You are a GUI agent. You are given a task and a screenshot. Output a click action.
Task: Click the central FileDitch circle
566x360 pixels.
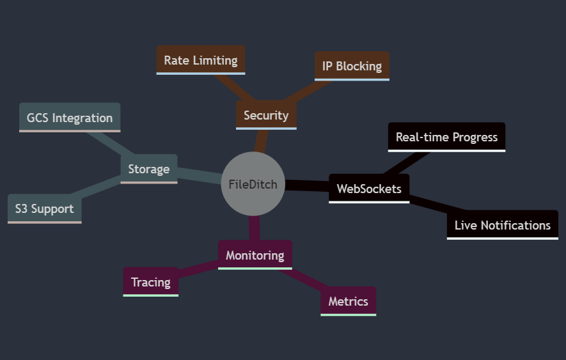[253, 184]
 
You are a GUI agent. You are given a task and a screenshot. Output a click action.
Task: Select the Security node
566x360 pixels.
[266, 115]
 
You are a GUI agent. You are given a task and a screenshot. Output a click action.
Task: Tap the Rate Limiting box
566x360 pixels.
[201, 60]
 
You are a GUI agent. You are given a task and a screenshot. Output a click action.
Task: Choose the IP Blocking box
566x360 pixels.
[352, 66]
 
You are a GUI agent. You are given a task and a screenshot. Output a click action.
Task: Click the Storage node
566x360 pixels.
[148, 169]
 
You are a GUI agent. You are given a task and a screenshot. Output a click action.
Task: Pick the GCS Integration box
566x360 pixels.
[70, 118]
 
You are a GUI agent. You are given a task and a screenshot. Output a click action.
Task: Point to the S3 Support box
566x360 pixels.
[44, 208]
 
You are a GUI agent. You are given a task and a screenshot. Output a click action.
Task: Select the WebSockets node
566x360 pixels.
[369, 189]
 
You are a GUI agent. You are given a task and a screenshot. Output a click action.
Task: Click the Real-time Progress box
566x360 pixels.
[446, 137]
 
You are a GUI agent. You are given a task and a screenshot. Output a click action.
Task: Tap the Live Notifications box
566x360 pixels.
[502, 225]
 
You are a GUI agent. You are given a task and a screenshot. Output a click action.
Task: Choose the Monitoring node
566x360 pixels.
[255, 255]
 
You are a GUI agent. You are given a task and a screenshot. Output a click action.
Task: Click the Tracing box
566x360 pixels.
[150, 282]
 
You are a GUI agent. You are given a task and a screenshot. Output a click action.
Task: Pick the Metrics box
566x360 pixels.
[348, 301]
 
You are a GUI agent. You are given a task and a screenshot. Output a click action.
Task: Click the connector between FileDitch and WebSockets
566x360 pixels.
[306, 185]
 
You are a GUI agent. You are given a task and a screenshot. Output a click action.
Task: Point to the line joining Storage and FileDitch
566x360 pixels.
[199, 175]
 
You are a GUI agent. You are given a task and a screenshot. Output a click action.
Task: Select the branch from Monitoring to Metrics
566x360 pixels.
[306, 278]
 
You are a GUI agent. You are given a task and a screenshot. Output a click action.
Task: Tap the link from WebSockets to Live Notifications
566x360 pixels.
[428, 206]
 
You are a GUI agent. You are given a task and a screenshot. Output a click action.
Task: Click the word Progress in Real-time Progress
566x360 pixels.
[475, 137]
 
